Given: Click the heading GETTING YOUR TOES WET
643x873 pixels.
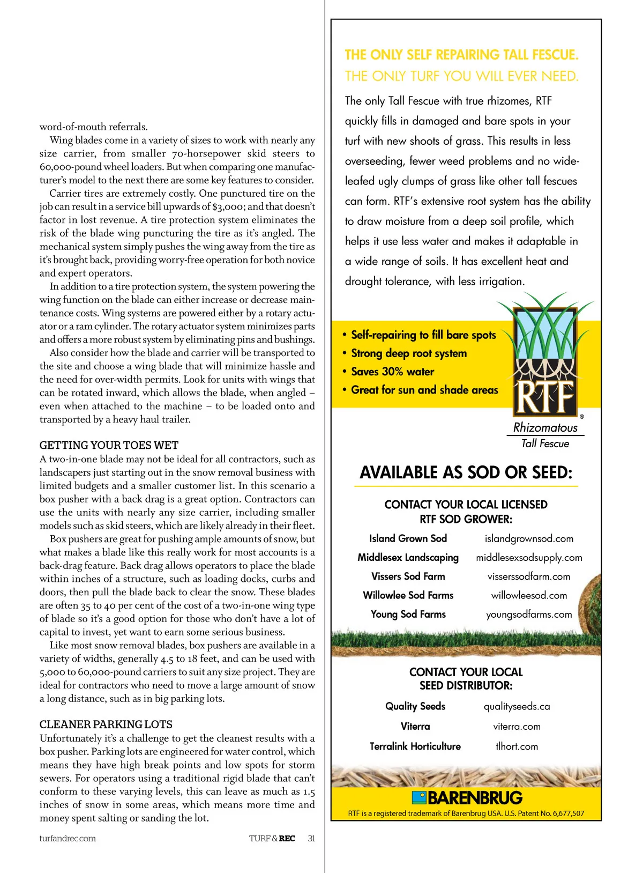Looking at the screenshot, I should click(x=109, y=445).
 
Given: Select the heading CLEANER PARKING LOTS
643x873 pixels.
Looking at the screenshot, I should click(x=106, y=724).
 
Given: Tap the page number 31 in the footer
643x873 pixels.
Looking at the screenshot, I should click(x=311, y=838).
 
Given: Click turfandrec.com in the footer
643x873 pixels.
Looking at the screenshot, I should click(x=68, y=838).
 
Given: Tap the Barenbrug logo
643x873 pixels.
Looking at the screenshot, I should click(x=467, y=797).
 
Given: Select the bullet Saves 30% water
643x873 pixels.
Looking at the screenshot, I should click(x=392, y=372).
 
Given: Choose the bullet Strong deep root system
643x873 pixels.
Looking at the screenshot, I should click(x=408, y=353).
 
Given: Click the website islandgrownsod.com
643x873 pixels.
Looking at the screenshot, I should click(x=528, y=538).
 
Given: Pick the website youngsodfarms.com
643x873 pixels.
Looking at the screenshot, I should click(x=528, y=614).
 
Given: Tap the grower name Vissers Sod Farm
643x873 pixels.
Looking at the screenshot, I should click(x=408, y=576).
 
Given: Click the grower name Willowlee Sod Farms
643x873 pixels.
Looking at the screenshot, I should click(x=408, y=595).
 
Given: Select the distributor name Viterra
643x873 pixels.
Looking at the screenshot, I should click(x=415, y=726).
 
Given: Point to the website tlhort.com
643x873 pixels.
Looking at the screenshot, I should click(x=517, y=746).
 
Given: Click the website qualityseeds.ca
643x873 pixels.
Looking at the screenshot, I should click(x=517, y=706).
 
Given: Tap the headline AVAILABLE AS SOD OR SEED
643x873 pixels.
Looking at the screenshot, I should click(x=466, y=472).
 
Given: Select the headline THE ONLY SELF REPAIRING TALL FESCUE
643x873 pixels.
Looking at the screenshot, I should click(x=461, y=55).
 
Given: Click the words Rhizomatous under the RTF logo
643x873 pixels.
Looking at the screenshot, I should click(x=545, y=427).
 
